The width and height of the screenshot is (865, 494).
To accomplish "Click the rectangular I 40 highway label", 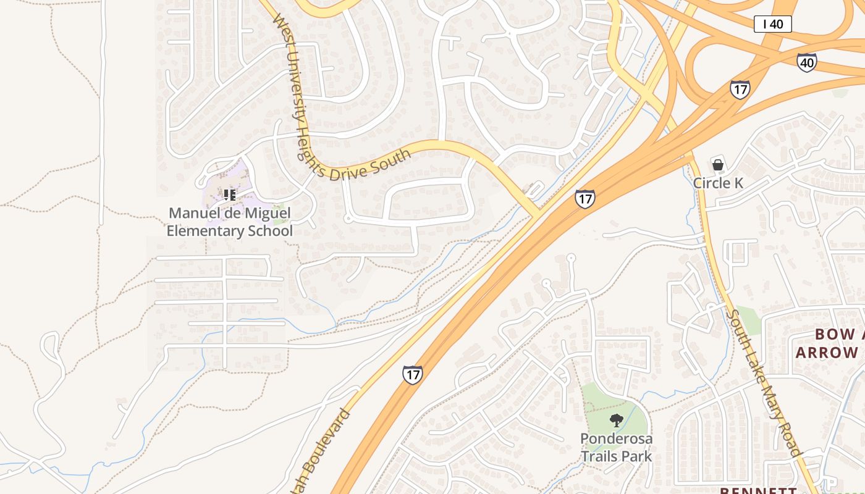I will [x=772, y=24].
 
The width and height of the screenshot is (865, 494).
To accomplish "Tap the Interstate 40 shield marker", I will [x=806, y=62].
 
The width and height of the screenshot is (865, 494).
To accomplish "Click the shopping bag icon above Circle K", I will [x=718, y=165].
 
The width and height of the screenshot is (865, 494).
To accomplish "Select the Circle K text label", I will [x=718, y=183].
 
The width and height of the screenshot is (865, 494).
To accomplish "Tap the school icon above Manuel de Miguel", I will [x=230, y=195].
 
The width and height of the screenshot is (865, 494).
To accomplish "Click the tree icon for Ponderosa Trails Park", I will [x=616, y=421].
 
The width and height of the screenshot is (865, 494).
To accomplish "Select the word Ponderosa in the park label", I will [x=616, y=438].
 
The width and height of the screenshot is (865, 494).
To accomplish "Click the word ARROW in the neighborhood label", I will [x=827, y=353].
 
